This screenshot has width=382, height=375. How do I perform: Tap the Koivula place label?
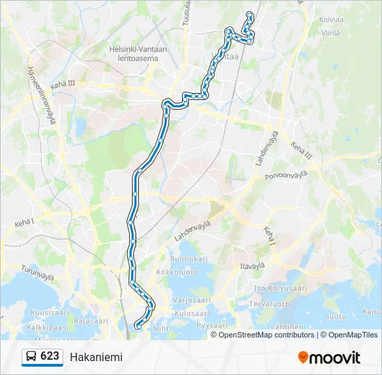pyautogui.click(x=332, y=21)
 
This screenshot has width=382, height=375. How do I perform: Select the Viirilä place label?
pyautogui.click(x=331, y=32)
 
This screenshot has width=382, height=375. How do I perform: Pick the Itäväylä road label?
pyautogui.click(x=253, y=265)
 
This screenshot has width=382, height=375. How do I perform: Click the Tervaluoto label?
pyautogui.click(x=269, y=303)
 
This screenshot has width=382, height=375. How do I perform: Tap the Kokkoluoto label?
pyautogui.click(x=177, y=273)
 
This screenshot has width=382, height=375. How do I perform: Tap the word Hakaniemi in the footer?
pyautogui.click(x=96, y=357)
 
